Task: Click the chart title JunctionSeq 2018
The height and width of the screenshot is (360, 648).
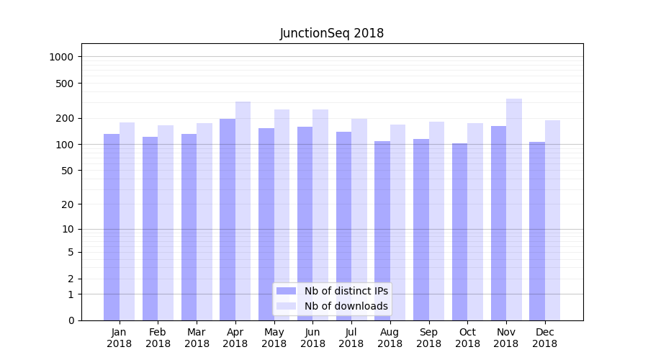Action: click(x=331, y=33)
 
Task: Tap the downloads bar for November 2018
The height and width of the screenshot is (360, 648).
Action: click(x=514, y=210)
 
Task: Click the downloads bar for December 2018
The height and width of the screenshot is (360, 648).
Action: click(x=552, y=220)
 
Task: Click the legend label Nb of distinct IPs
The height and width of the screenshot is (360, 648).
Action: click(x=346, y=291)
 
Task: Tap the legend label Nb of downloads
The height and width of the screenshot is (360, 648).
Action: click(x=346, y=306)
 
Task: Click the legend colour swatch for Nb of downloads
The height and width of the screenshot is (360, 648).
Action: click(x=286, y=306)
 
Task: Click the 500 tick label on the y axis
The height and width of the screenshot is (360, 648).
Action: click(x=66, y=84)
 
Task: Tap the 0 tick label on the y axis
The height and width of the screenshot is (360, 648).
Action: click(x=72, y=320)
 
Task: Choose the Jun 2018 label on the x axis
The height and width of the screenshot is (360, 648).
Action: click(x=312, y=338)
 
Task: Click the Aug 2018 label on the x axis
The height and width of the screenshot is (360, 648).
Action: click(x=390, y=338)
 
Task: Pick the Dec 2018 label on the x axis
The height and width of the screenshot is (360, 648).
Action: click(x=544, y=338)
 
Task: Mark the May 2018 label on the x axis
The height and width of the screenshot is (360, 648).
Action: click(x=274, y=338)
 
